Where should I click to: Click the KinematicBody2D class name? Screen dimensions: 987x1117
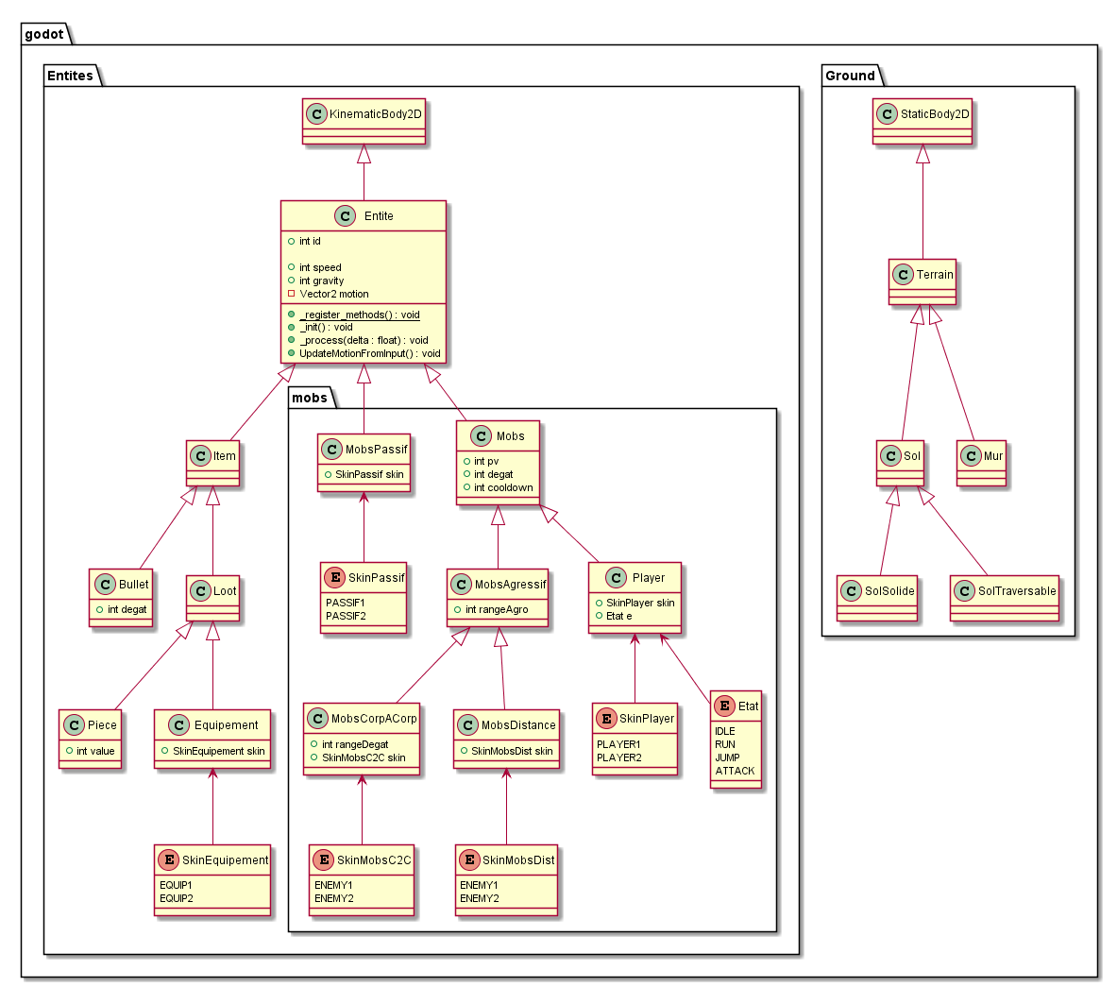point(376,114)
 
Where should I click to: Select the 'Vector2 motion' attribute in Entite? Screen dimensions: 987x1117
point(333,294)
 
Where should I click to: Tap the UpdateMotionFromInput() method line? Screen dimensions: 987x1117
point(369,353)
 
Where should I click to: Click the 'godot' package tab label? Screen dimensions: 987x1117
point(44,35)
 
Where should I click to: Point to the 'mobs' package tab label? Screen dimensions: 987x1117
point(310,398)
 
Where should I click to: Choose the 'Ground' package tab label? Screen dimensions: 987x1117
point(850,76)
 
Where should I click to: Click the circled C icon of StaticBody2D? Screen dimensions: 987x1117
point(886,114)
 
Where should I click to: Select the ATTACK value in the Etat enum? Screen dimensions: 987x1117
point(735,771)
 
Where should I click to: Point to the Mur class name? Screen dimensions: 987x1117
point(993,455)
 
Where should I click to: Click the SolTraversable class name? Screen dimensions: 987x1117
point(1017,591)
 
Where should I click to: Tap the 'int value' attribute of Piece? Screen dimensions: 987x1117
point(94,751)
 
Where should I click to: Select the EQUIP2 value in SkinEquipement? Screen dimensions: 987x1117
point(176,898)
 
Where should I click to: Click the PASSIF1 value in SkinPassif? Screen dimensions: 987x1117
point(345,603)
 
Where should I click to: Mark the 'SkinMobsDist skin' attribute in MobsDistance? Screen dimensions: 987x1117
point(511,751)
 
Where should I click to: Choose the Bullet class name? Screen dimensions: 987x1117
point(134,585)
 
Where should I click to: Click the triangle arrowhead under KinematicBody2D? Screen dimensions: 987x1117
point(364,154)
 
